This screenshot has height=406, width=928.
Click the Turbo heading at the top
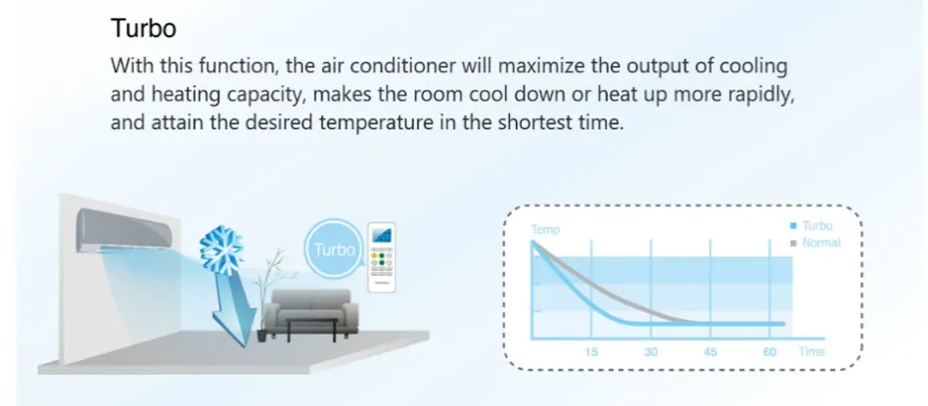click(x=143, y=28)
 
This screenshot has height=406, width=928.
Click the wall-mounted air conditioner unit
click(x=125, y=231)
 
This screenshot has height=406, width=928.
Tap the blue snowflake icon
click(x=222, y=250)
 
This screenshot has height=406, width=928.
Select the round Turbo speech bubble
click(x=333, y=248)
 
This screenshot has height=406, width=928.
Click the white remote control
click(x=381, y=257)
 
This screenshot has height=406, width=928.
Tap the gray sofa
click(x=310, y=311)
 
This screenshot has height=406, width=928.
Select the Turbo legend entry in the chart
click(x=812, y=226)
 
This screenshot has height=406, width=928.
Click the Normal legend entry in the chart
click(x=815, y=243)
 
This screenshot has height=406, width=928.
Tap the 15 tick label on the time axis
click(x=591, y=352)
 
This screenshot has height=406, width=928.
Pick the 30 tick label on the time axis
click(x=651, y=352)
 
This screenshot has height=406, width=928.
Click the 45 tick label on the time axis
click(x=711, y=352)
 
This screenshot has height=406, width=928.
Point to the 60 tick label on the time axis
click(x=769, y=352)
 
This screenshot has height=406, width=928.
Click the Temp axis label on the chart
click(x=545, y=230)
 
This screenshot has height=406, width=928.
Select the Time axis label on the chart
click(x=812, y=351)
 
